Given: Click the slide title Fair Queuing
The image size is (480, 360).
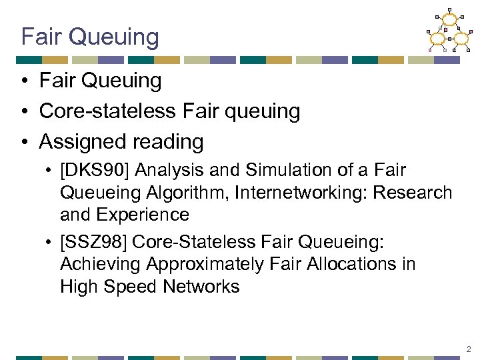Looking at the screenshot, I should pyautogui.click(x=90, y=37).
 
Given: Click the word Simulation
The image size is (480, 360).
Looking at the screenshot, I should pyautogui.click(x=259, y=171).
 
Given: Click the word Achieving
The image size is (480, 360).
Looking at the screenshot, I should pyautogui.click(x=100, y=265).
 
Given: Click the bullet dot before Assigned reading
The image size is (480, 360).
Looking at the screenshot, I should pyautogui.click(x=24, y=142).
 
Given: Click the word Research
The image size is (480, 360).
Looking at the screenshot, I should pyautogui.click(x=414, y=193).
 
